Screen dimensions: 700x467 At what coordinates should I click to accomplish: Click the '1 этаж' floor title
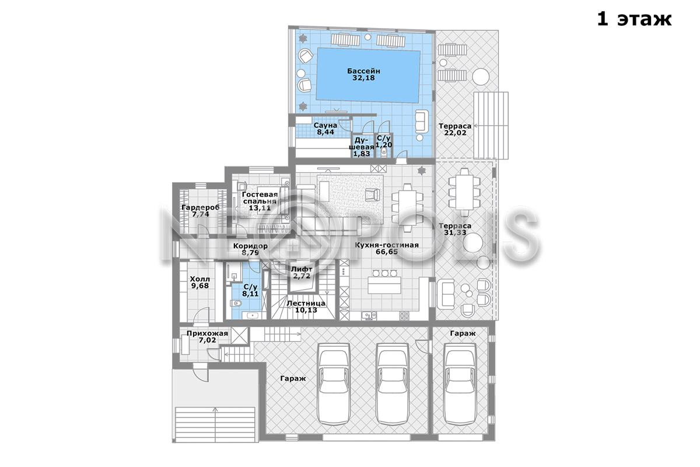635,19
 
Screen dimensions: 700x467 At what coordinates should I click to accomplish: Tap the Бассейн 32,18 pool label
363,75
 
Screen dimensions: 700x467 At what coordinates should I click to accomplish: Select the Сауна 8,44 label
325,128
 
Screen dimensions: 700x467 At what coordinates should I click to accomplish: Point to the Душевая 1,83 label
362,147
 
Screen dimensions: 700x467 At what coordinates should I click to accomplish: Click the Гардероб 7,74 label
201,211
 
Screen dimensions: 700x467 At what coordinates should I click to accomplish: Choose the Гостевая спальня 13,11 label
260,201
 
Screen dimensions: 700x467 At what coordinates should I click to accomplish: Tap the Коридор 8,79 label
250,249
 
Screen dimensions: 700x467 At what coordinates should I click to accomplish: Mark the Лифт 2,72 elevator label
302,273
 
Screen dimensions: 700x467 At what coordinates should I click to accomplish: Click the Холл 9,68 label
200,282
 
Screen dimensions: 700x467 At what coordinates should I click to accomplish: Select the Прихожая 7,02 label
207,337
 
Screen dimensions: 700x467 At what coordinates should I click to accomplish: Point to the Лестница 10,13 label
306,306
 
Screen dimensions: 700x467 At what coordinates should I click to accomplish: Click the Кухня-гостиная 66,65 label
387,248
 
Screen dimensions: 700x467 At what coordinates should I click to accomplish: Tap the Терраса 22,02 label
455,129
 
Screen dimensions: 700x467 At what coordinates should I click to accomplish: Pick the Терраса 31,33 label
455,229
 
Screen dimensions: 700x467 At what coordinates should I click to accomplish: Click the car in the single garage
461,384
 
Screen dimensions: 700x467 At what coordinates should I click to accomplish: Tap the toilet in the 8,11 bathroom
236,303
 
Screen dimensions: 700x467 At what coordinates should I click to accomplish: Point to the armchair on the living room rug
373,195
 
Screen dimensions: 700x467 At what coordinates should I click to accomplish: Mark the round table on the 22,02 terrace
481,76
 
